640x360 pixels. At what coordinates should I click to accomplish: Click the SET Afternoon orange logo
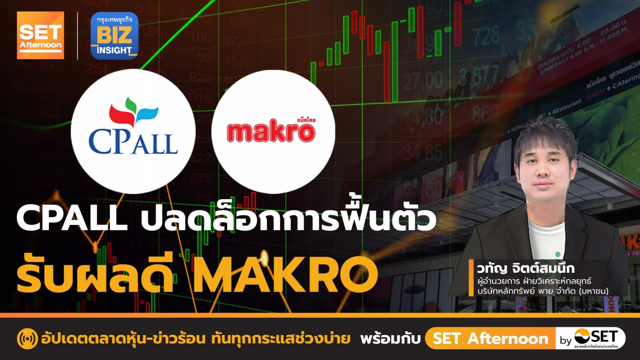pyautogui.click(x=40, y=35)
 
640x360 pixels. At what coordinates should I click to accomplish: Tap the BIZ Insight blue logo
pyautogui.click(x=114, y=36)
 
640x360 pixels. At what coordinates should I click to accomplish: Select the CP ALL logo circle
pyautogui.click(x=133, y=131)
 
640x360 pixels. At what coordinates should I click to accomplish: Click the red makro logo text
pyautogui.click(x=271, y=133)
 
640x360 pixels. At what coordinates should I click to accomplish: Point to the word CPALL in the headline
pyautogui.click(x=72, y=218)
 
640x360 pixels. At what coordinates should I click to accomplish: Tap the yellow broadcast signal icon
pyautogui.click(x=27, y=339)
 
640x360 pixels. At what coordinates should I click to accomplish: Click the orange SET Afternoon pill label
pyautogui.click(x=490, y=339)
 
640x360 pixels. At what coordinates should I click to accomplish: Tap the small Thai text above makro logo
pyautogui.click(x=306, y=120)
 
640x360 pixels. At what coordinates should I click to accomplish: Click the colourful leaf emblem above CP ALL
pyautogui.click(x=133, y=111)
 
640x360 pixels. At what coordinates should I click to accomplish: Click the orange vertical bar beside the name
pyautogui.click(x=471, y=278)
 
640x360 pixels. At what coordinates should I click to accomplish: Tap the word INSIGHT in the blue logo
pyautogui.click(x=114, y=51)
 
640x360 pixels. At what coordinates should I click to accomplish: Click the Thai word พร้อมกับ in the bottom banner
pyautogui.click(x=391, y=339)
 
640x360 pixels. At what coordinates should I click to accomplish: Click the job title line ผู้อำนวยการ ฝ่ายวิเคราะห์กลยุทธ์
pyautogui.click(x=534, y=281)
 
